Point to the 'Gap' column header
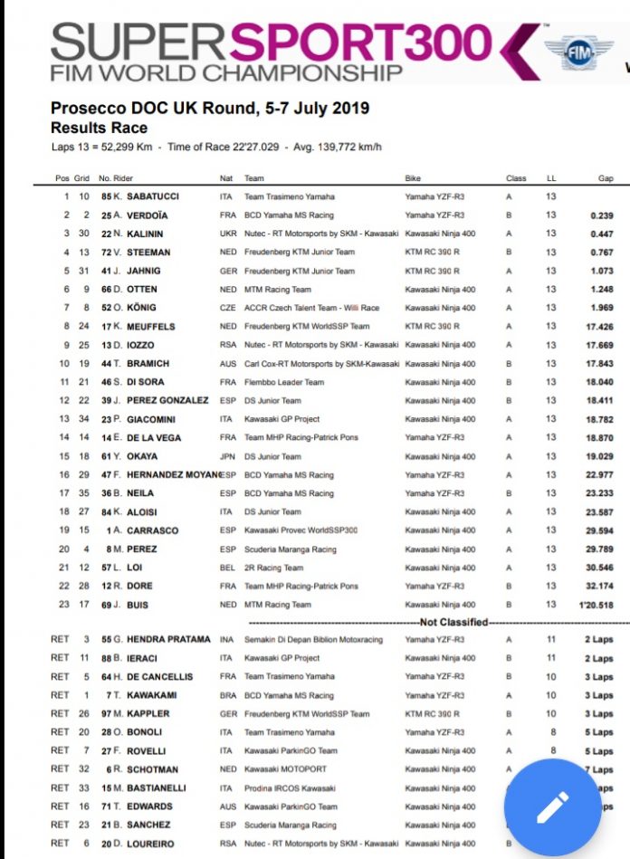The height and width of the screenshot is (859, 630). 606,178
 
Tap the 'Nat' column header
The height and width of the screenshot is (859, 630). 225,178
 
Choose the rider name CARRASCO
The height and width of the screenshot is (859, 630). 151,530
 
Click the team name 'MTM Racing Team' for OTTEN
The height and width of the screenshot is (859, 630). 277,290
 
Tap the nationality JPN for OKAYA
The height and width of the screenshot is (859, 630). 227,456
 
